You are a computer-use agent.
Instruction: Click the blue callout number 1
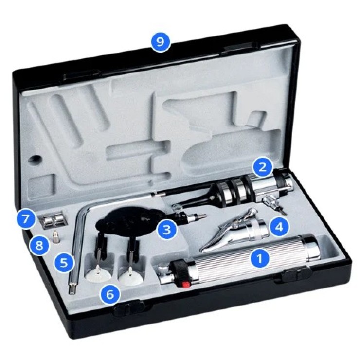260,258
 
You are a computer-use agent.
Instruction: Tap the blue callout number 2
262,167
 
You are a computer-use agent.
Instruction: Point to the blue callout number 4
279,227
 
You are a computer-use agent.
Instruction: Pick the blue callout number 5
64,263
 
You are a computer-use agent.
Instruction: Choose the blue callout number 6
110,294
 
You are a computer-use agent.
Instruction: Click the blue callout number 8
39,246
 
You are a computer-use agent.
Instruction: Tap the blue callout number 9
161,42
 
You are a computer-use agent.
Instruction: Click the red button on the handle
185,285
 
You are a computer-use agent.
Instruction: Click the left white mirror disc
99,275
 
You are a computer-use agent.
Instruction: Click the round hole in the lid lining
35,159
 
